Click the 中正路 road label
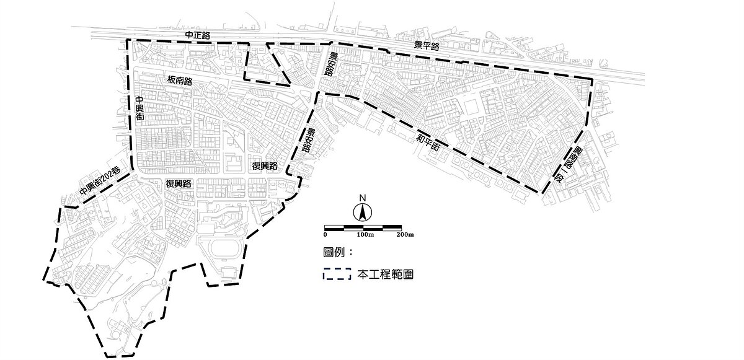198,36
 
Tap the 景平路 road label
427,46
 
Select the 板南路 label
180,81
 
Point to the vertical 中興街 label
139,108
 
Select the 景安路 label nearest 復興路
307,141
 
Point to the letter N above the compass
363,198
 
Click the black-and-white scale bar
363,227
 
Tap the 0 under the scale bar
325,235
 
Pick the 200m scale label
404,235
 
